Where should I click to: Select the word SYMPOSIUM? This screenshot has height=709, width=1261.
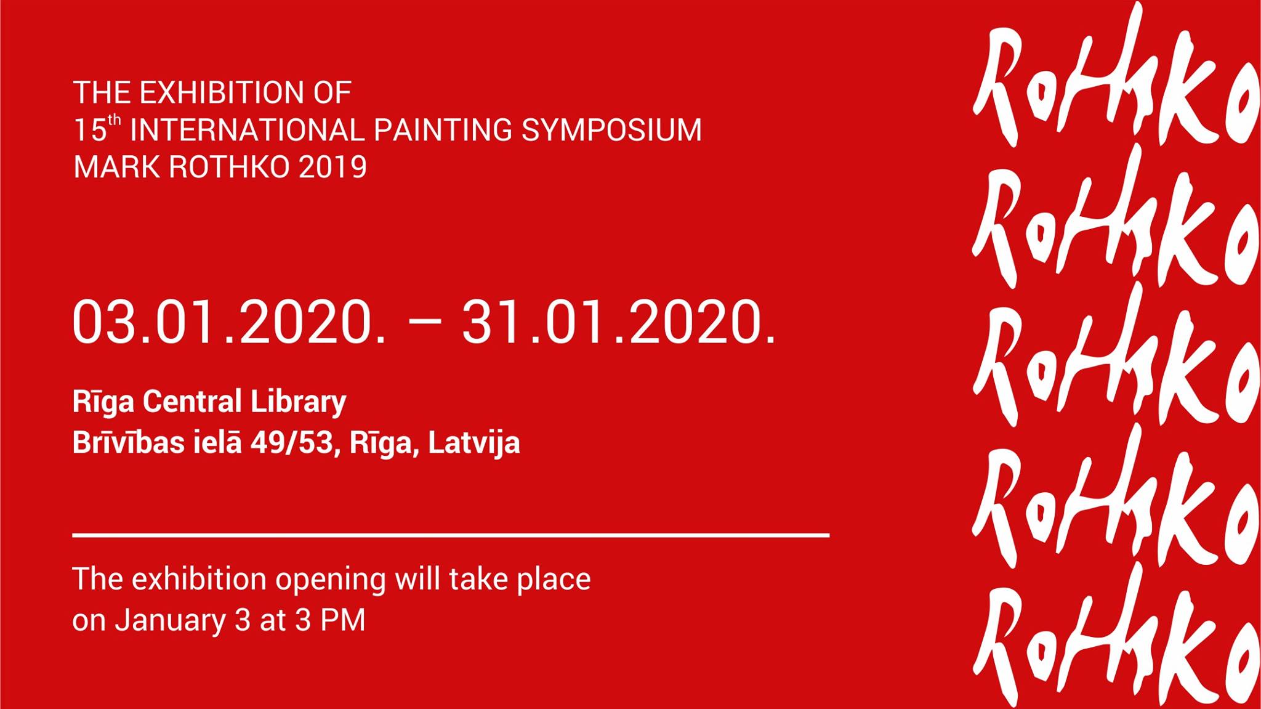[611, 130]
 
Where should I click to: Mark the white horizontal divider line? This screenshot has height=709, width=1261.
[451, 535]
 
